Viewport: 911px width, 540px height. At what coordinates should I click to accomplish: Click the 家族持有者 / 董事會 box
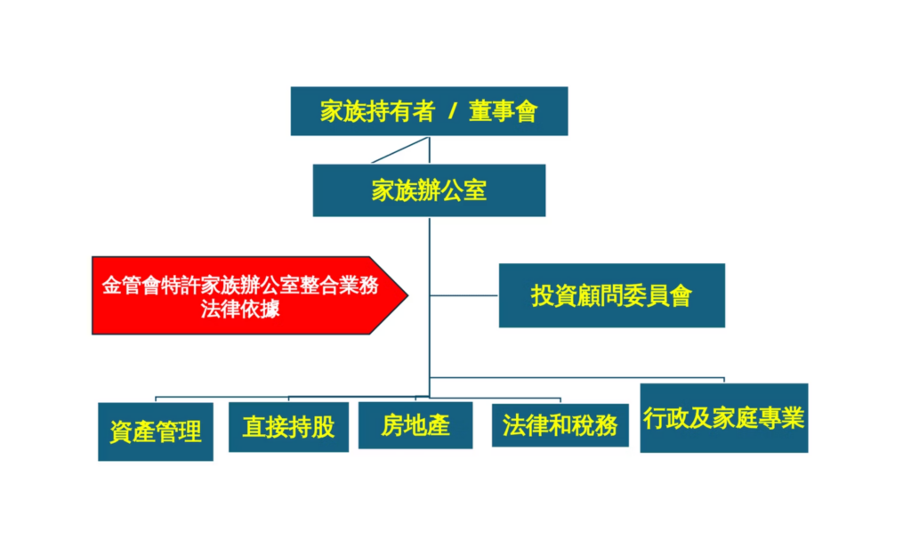[x=429, y=111]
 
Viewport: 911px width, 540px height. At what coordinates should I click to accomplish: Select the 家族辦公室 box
[x=429, y=190]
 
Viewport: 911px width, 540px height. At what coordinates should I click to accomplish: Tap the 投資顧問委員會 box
[x=611, y=295]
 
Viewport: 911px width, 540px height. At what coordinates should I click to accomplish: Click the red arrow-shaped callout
[x=240, y=296]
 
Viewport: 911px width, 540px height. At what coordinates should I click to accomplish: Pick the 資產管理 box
[x=156, y=431]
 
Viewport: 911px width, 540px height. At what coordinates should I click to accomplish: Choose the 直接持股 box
[x=288, y=427]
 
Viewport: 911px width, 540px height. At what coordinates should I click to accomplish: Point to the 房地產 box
[x=415, y=425]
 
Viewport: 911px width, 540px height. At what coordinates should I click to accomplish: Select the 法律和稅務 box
[x=560, y=425]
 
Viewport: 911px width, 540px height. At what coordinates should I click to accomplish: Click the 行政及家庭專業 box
[x=723, y=418]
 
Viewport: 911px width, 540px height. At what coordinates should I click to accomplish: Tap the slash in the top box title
[x=452, y=112]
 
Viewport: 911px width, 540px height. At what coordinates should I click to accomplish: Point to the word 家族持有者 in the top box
[x=377, y=112]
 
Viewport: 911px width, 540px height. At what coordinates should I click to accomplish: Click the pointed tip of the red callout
[x=406, y=295]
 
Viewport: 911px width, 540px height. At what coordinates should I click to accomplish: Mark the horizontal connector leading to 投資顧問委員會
[x=464, y=295]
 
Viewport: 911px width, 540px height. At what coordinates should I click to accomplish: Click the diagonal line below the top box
[x=400, y=150]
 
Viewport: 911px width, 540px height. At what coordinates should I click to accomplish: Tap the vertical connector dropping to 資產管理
[x=156, y=399]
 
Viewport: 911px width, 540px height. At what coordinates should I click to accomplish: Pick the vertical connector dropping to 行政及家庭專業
[x=724, y=381]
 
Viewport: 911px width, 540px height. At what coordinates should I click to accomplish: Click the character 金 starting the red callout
[x=110, y=286]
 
